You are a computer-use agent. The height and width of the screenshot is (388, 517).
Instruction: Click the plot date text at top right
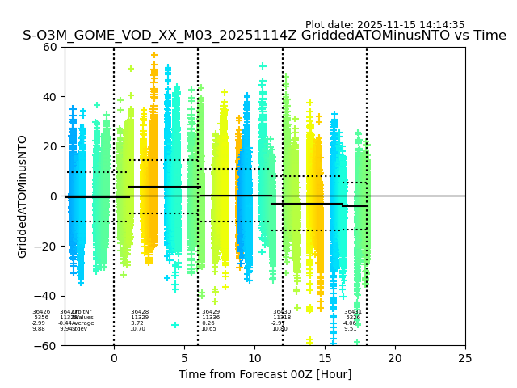(x=385, y=25)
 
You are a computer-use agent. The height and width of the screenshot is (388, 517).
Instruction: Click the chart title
(x=264, y=36)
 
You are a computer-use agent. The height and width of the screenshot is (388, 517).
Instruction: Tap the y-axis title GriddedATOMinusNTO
(x=23, y=196)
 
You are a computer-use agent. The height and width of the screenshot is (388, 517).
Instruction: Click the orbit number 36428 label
(x=140, y=312)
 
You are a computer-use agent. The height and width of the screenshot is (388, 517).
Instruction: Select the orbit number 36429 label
(x=211, y=312)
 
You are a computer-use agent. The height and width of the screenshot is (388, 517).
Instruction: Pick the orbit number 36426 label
(x=41, y=312)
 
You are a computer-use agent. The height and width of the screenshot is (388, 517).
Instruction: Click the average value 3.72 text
(x=137, y=323)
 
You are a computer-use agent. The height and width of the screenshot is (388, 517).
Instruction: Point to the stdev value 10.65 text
(x=208, y=329)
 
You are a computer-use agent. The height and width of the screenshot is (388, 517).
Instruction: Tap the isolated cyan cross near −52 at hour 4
(x=174, y=325)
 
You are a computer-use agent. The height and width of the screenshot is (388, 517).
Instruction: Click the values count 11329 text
(x=140, y=318)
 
